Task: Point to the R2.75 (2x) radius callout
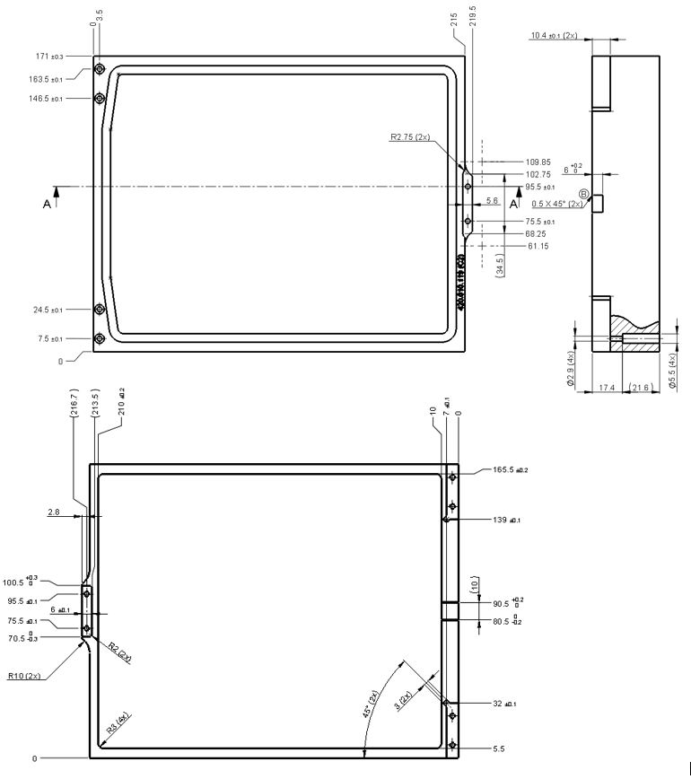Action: click(x=410, y=138)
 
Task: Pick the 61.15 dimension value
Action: click(x=535, y=246)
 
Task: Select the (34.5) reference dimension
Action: click(x=498, y=267)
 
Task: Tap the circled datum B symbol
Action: click(x=583, y=194)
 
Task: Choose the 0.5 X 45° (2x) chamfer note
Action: click(x=556, y=204)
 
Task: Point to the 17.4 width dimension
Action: click(x=606, y=389)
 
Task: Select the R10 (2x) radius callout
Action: click(x=25, y=675)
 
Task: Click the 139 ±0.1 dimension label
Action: click(x=504, y=520)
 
